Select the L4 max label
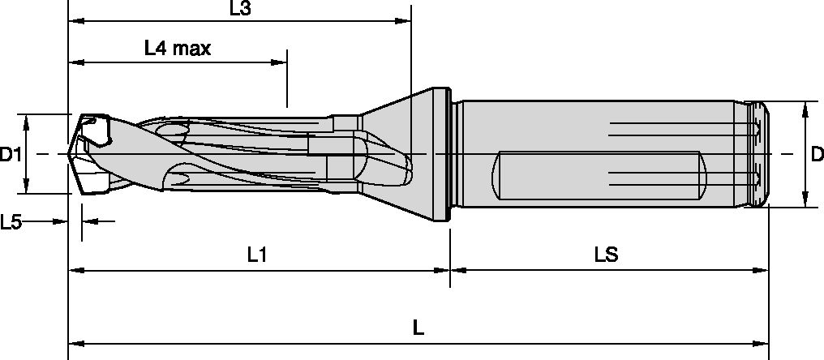pyautogui.click(x=178, y=49)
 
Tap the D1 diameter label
pyautogui.click(x=11, y=154)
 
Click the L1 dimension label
pyautogui.click(x=257, y=255)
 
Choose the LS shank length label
pyautogui.click(x=606, y=255)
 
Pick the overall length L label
pyautogui.click(x=418, y=328)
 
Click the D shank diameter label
pyautogui.click(x=817, y=154)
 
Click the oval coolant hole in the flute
pyautogui.click(x=171, y=131)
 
